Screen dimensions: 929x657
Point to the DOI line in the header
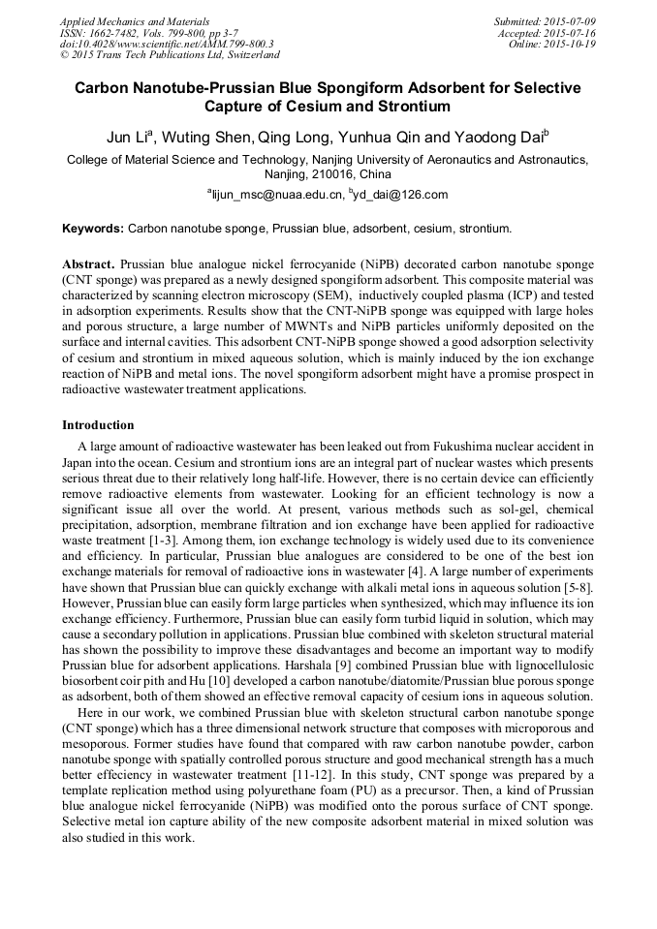[x=166, y=45]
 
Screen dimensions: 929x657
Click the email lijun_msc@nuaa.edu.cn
[x=277, y=195]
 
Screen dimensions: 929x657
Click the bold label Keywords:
[x=93, y=231]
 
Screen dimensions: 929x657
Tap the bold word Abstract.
[x=88, y=264]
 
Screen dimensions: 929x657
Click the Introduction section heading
[x=98, y=425]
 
